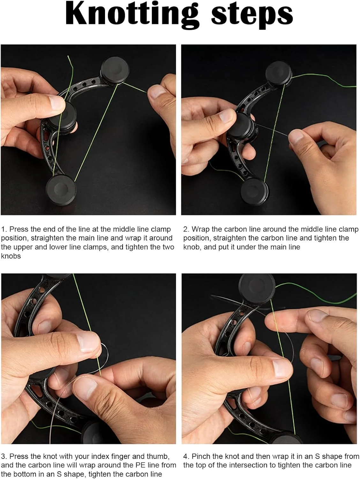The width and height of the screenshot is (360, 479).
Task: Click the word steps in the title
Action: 252,15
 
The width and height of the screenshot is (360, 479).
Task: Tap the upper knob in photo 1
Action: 115,71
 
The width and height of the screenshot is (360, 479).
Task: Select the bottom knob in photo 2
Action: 254,192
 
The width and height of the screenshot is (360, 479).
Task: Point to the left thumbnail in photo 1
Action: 56,102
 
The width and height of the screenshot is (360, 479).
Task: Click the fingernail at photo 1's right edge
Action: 156,91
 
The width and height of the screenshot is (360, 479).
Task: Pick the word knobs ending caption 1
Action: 11,256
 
